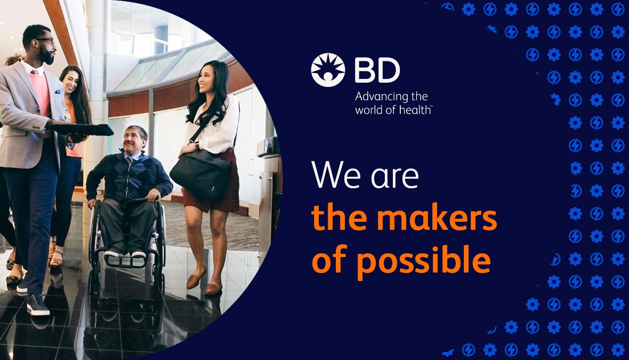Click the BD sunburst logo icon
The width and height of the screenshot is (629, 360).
328,70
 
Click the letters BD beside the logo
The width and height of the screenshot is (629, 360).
377,70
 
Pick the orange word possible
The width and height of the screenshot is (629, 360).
423,262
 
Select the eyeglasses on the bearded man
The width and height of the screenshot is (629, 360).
45,41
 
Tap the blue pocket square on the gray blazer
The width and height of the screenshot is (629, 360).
58,92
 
